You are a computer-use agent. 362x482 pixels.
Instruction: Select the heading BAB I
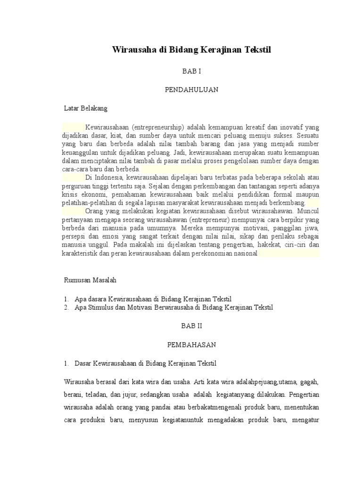192,71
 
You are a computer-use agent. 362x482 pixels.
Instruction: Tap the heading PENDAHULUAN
191,89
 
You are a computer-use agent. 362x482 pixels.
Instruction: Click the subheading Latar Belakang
86,108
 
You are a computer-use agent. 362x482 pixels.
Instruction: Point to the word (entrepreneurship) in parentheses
158,127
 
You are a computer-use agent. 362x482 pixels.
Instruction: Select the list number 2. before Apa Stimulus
66,307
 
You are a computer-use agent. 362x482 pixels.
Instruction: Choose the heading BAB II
192,326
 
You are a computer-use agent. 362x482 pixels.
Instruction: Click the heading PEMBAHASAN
191,345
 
